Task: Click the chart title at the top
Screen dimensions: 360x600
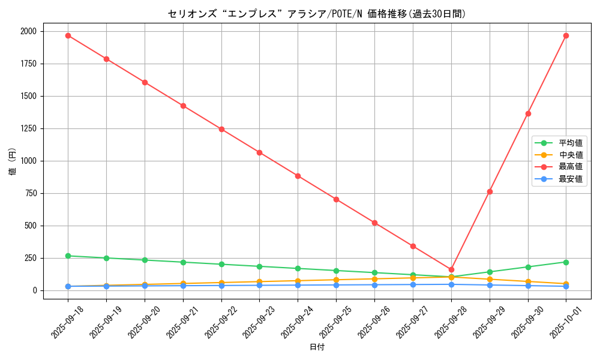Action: point(316,14)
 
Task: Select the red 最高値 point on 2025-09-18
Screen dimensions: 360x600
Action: point(68,35)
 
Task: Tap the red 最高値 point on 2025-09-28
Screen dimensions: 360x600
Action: point(451,269)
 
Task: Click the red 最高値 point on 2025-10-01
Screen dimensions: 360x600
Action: point(566,35)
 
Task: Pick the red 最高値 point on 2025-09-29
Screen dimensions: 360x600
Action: point(490,191)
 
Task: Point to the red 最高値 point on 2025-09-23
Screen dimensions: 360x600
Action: point(259,152)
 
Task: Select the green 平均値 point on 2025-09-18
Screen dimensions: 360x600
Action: point(68,256)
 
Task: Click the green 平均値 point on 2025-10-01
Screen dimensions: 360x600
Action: point(566,262)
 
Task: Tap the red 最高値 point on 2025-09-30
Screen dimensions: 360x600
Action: point(528,113)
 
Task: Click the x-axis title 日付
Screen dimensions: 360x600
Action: point(317,347)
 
